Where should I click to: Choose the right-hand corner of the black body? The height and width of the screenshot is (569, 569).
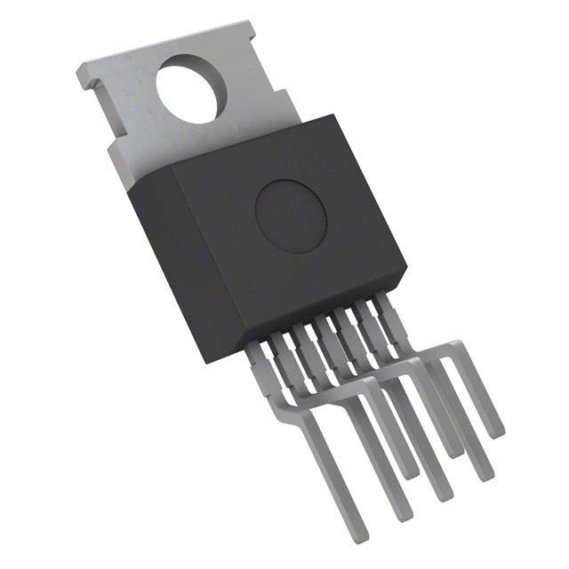point(405,268)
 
